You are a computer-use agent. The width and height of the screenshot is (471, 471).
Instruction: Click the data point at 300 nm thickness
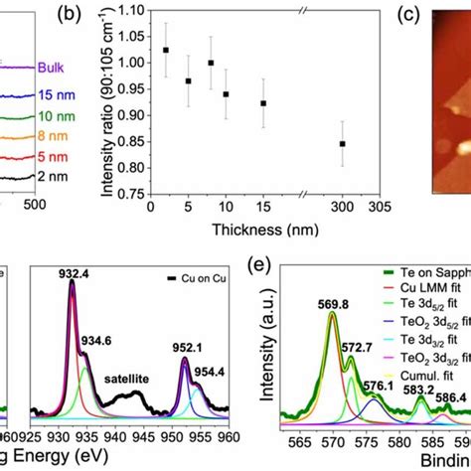(343, 144)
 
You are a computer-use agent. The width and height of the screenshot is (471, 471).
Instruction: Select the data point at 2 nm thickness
(165, 50)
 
